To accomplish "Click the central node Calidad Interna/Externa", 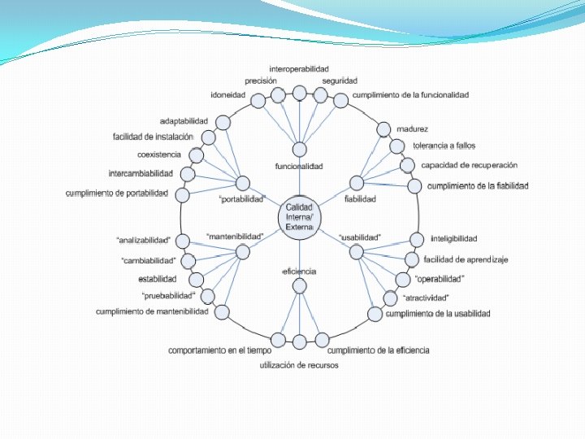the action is [x=299, y=217].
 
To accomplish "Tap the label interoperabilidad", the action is [x=299, y=69].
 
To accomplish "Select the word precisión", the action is [x=262, y=81].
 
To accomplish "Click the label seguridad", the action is [x=340, y=81].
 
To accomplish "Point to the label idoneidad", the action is [x=228, y=95].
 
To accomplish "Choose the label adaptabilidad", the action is [x=184, y=121].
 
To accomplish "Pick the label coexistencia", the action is [x=159, y=154].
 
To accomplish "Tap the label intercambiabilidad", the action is [x=141, y=174].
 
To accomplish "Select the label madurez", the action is [x=413, y=128].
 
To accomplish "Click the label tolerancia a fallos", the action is [x=444, y=146].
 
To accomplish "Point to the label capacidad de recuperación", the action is [x=469, y=165].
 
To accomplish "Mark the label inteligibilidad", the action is [x=454, y=239].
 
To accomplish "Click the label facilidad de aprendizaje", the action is [x=466, y=260].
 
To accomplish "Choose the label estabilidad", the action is [x=158, y=279].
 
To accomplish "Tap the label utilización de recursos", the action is [x=299, y=366].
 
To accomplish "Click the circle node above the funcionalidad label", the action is [x=300, y=150].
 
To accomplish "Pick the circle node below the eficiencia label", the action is [x=300, y=285].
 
